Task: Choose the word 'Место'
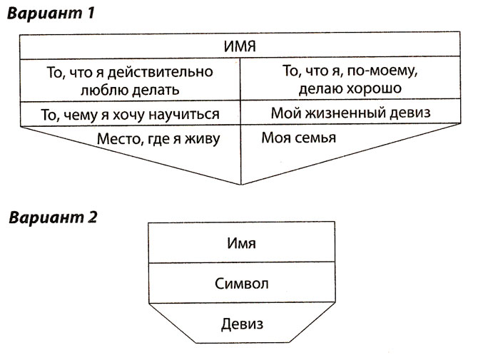click(x=118, y=138)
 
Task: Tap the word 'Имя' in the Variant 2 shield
click(x=240, y=244)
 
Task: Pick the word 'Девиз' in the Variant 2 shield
click(x=240, y=324)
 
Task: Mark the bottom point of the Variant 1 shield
click(x=240, y=184)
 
